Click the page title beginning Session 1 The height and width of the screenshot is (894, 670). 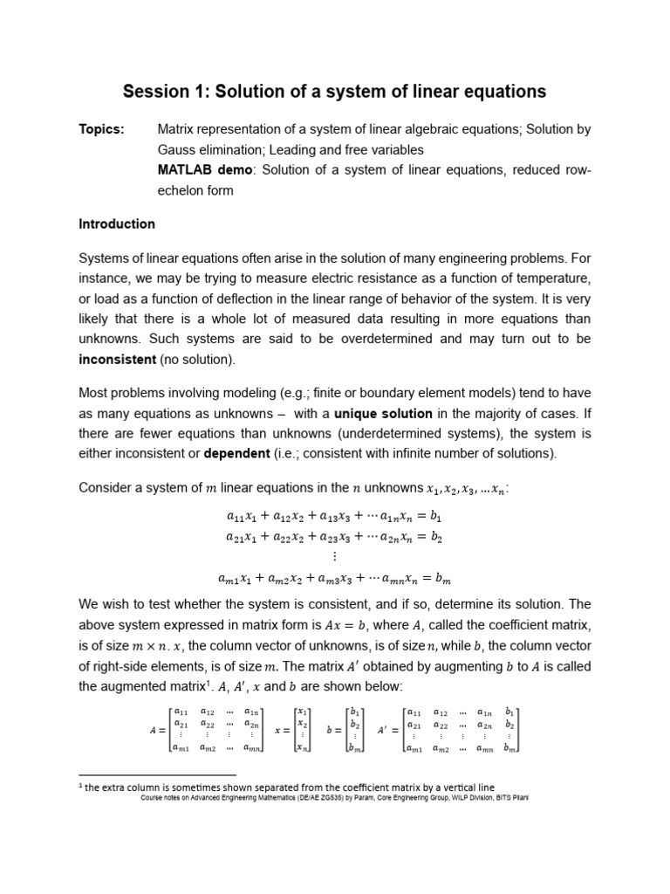(x=334, y=91)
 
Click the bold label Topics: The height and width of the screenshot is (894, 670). (x=101, y=129)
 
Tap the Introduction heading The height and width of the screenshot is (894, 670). (x=117, y=223)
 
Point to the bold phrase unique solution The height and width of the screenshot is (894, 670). (x=383, y=413)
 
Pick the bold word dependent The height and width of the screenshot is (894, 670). (x=238, y=453)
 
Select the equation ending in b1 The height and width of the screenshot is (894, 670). (x=334, y=517)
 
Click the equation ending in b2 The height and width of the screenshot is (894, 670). (x=334, y=538)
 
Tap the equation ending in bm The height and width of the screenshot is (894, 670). (x=334, y=578)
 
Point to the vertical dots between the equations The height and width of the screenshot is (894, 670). (x=334, y=557)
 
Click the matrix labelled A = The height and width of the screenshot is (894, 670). (x=209, y=730)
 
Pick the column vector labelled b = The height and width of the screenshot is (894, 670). (x=345, y=730)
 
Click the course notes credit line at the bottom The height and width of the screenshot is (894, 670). (x=334, y=798)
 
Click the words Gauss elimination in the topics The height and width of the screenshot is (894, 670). (x=209, y=149)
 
